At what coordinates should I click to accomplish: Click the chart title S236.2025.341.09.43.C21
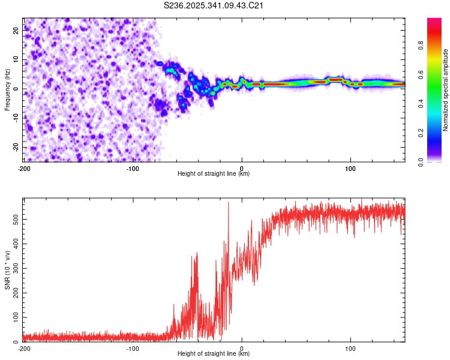tap(214, 5)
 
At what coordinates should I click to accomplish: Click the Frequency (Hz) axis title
tap(7, 90)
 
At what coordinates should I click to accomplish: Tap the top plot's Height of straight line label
tap(214, 174)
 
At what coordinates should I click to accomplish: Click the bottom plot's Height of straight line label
tap(214, 354)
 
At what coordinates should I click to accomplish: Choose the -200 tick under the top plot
tap(24, 168)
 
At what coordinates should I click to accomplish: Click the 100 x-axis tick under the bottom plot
tap(350, 348)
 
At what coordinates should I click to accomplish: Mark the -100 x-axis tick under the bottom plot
tap(133, 348)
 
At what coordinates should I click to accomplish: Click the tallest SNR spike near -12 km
tap(229, 203)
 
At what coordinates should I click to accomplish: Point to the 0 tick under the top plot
tap(242, 168)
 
